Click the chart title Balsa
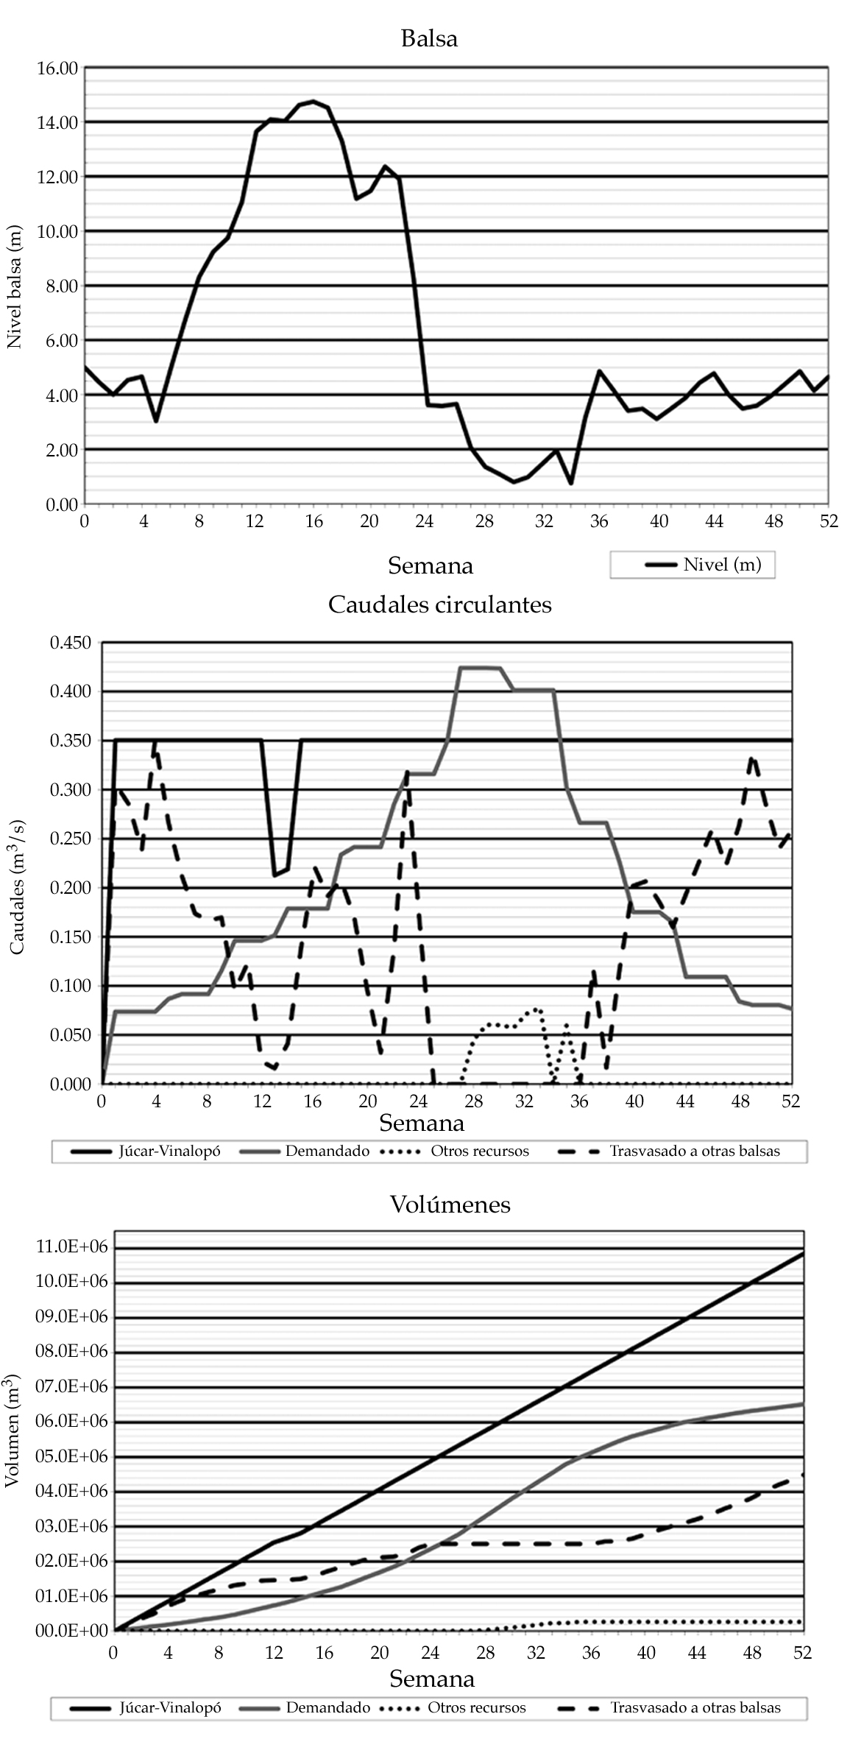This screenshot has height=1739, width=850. coord(429,38)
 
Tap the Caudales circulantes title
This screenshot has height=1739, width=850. coord(439,604)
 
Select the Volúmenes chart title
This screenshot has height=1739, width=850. coord(450,1204)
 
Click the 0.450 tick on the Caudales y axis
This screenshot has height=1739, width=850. coord(70,643)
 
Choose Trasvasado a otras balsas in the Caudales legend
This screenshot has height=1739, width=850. coord(695,1151)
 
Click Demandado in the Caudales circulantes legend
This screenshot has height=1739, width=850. coord(327,1151)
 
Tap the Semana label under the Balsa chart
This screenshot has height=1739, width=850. coord(431,565)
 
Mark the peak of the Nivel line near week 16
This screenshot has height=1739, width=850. coord(314,101)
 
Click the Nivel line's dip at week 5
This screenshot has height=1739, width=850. coord(156,421)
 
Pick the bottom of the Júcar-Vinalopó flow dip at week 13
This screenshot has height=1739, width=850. coord(275,875)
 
